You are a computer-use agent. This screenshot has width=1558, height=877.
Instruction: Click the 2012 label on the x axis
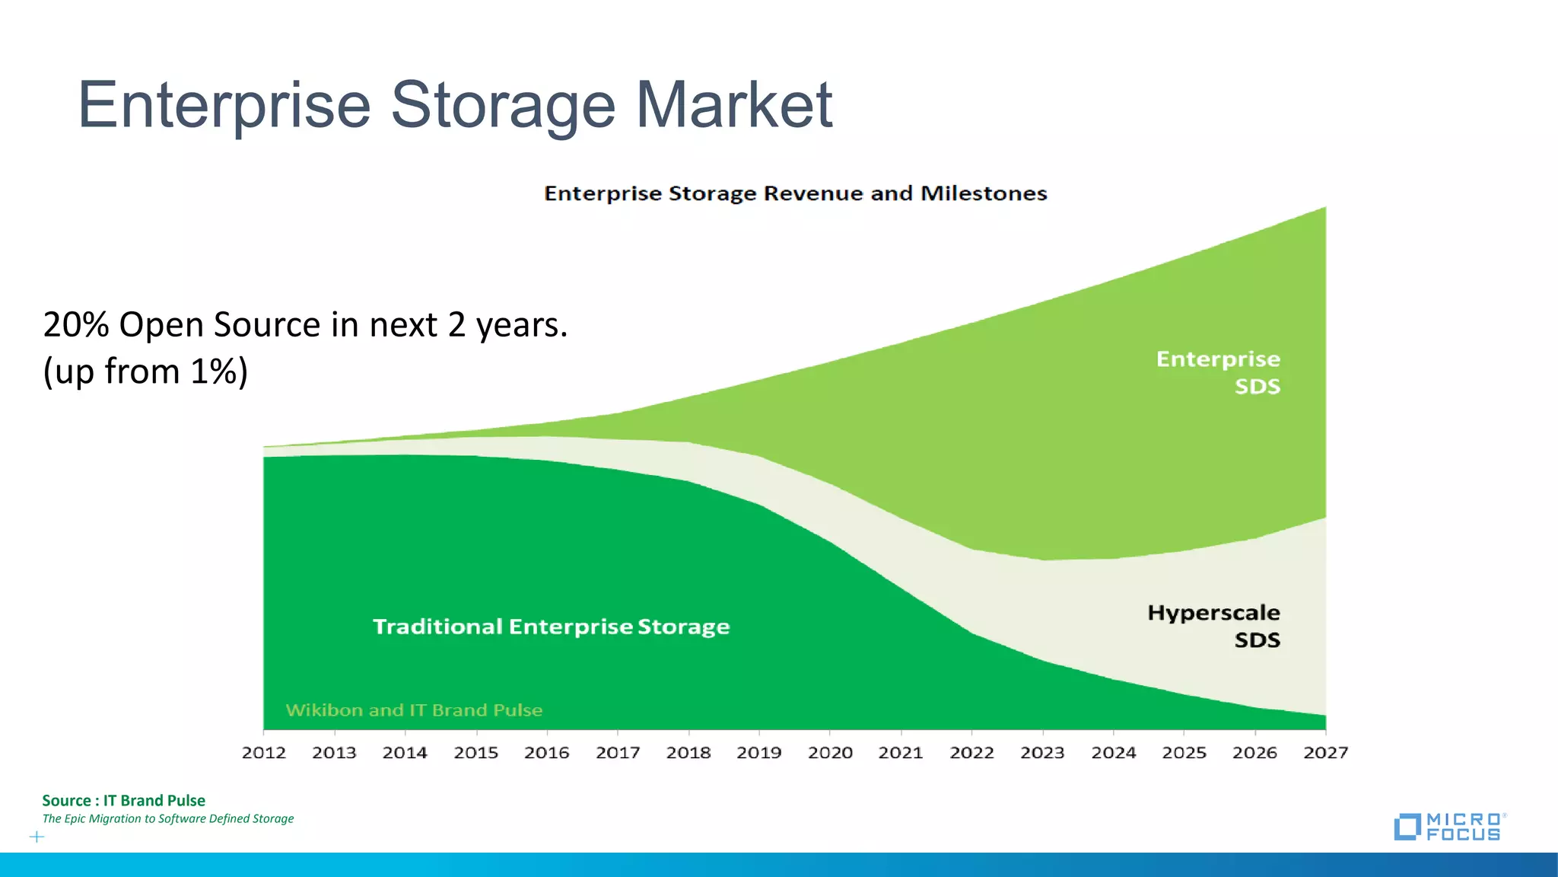tap(264, 753)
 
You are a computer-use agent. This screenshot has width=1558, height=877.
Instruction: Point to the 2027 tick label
tap(1325, 753)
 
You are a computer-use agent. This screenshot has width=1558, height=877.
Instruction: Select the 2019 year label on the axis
tap(759, 753)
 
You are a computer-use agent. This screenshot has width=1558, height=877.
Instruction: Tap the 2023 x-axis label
tap(1042, 753)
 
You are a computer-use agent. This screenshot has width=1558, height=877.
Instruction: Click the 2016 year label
tap(547, 753)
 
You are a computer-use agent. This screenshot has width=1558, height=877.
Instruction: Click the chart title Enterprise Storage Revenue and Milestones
tap(796, 193)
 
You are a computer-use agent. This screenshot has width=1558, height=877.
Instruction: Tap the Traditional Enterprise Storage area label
tap(551, 627)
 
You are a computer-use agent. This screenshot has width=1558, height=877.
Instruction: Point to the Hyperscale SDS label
tap(1214, 626)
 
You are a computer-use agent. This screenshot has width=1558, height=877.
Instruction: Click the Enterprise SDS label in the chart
tap(1219, 372)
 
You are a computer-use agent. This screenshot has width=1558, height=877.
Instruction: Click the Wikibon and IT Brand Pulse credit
tap(414, 710)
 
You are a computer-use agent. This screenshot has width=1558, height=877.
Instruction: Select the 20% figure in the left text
tap(76, 325)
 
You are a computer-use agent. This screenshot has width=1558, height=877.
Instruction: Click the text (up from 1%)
tap(145, 372)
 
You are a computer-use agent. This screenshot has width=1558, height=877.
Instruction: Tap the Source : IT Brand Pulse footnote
tap(123, 800)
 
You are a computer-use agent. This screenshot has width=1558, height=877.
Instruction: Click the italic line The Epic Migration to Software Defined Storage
tap(167, 819)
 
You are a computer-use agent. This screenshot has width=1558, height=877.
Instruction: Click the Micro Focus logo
tap(1448, 827)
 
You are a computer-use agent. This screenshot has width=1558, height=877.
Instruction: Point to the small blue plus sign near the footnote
tap(37, 837)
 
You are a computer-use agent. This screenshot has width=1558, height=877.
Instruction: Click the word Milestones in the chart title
tap(984, 193)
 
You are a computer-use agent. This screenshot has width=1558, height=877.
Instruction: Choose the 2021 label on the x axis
tap(901, 753)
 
